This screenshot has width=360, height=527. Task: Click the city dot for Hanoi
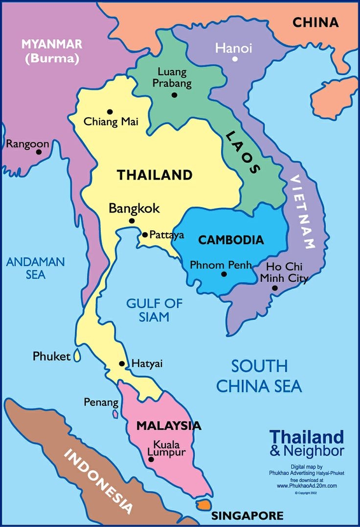coord(235,59)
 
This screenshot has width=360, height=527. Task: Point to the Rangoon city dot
coord(39,152)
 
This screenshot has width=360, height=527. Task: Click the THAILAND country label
coord(154,175)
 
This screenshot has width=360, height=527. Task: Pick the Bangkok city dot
coord(132,221)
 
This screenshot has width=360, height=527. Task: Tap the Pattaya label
coord(167,235)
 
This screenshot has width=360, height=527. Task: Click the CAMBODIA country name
coord(231,240)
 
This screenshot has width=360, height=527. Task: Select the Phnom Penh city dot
coord(224,274)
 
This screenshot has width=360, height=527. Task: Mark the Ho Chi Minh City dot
coord(275,288)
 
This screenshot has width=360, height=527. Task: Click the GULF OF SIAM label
coord(154,310)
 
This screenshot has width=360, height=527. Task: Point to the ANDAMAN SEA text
coord(35,268)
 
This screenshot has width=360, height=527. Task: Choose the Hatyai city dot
coord(122,364)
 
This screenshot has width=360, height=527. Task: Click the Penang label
coord(101,402)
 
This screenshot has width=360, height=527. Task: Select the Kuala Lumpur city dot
coord(151,459)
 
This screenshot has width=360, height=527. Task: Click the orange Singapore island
coord(203,504)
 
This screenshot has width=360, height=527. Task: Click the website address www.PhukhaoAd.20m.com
coord(307,486)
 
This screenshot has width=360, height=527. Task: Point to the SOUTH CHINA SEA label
coord(259,376)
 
